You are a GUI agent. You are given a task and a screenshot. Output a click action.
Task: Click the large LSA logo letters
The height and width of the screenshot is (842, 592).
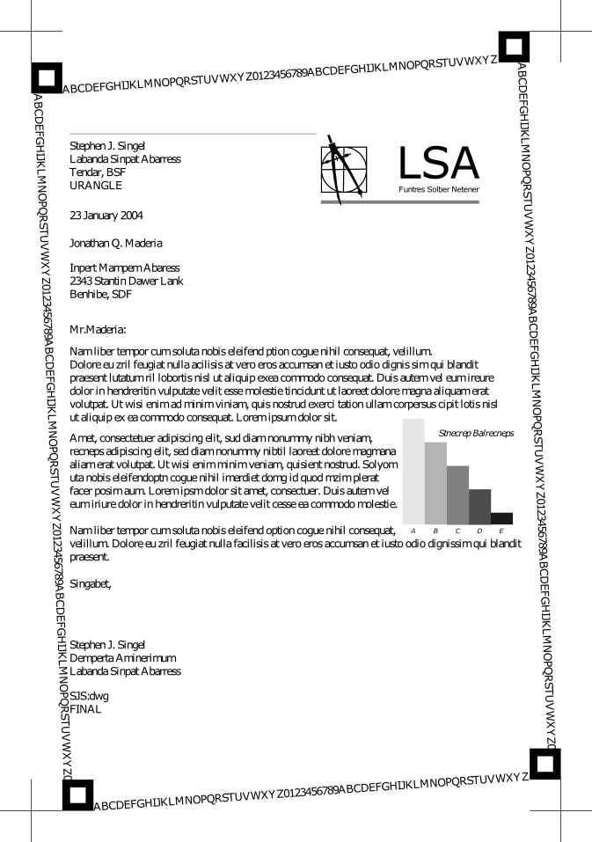[x=438, y=164]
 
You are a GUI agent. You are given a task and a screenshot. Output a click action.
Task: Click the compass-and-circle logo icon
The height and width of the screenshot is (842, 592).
[x=343, y=166]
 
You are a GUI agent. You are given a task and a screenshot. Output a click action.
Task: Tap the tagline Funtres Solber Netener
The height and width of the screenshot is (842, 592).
[x=439, y=189]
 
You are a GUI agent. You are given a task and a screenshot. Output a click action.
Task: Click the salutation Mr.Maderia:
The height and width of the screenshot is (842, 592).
[x=98, y=331]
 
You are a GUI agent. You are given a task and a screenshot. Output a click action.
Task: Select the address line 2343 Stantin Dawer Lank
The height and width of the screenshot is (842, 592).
[x=126, y=282]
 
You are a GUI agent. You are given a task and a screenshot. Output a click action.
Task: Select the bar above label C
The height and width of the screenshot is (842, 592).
[x=457, y=494]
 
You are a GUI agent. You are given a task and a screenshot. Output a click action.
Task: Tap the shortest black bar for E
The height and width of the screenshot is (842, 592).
[x=501, y=518]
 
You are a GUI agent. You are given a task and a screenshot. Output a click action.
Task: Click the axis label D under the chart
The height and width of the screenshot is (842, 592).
[x=479, y=531]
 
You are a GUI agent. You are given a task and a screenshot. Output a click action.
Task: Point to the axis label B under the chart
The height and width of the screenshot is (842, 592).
[x=435, y=531]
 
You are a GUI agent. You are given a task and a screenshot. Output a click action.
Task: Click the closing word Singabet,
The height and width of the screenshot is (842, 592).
[x=91, y=582]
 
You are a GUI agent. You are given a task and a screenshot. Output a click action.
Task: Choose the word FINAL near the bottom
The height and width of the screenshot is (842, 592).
[x=86, y=709]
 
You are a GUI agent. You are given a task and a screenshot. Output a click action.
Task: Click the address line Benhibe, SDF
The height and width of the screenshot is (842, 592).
[x=100, y=295]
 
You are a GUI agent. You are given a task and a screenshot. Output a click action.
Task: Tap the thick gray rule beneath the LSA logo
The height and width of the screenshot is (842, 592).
[x=400, y=202]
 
